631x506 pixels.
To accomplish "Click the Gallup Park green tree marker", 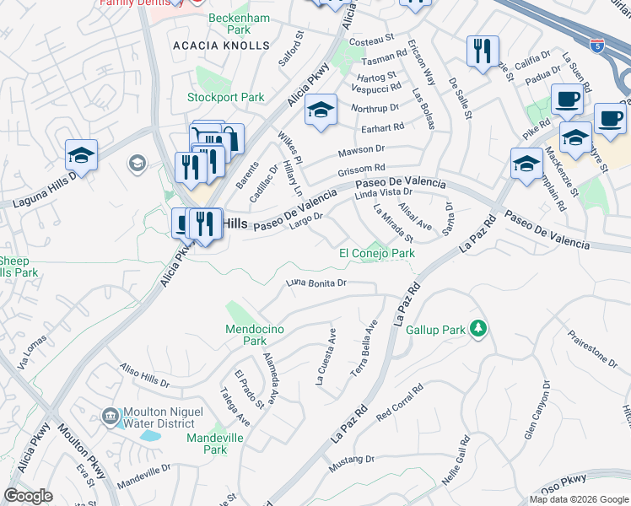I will pyautogui.click(x=478, y=327).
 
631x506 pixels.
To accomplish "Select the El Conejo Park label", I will pyautogui.click(x=377, y=253).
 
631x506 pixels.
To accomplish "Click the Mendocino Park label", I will pyautogui.click(x=245, y=335).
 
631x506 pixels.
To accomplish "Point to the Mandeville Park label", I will pyautogui.click(x=215, y=444).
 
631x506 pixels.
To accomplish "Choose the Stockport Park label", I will pyautogui.click(x=226, y=97).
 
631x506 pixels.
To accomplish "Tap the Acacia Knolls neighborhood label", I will pyautogui.click(x=220, y=46).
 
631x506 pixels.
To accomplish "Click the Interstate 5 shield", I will pyautogui.click(x=597, y=46).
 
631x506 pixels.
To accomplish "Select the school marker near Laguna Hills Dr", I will pyautogui.click(x=82, y=154).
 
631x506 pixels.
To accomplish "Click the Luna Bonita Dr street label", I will pyautogui.click(x=316, y=283).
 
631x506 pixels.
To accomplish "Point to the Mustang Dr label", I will pyautogui.click(x=354, y=460).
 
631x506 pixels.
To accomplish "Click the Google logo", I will pyautogui.click(x=28, y=496).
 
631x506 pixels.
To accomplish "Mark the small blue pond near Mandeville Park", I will pyautogui.click(x=151, y=437).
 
